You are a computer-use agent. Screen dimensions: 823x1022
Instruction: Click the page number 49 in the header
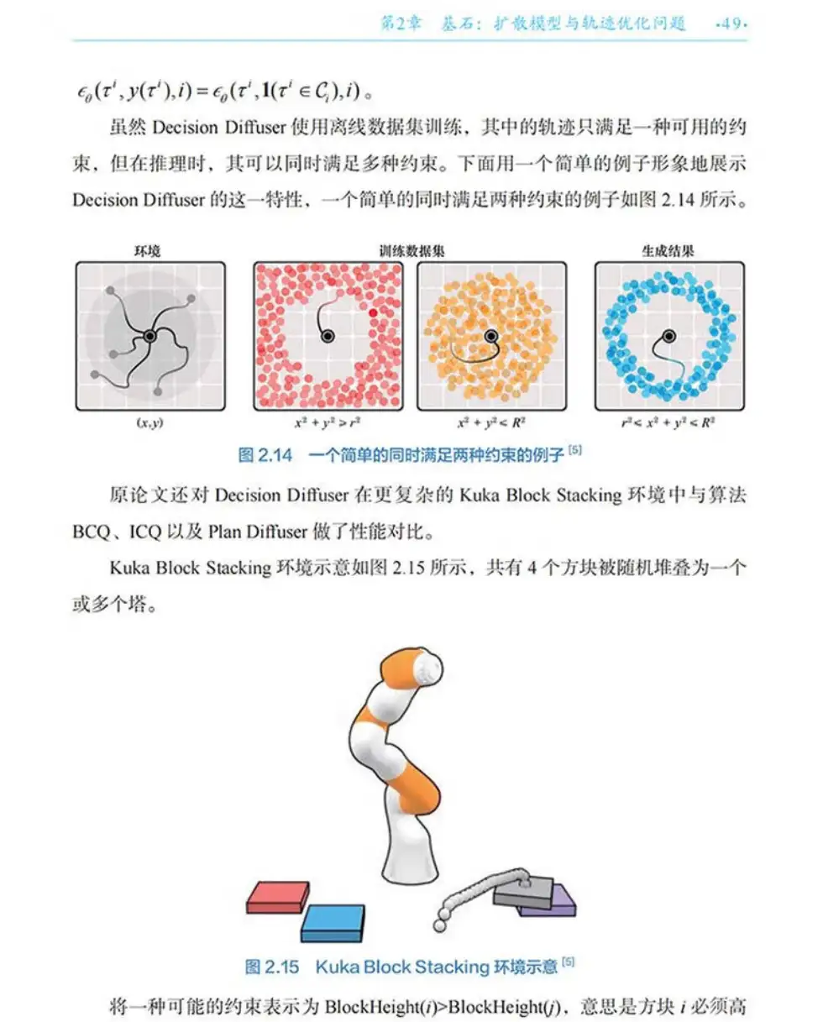(x=731, y=24)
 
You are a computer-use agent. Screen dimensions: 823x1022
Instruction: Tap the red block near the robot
(x=278, y=897)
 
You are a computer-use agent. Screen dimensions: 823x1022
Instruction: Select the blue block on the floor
(x=333, y=923)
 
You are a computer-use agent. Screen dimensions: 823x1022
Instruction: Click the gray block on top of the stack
(x=523, y=891)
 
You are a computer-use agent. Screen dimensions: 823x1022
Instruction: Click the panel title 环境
(x=147, y=251)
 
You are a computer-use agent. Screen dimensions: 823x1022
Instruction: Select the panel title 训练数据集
(x=411, y=251)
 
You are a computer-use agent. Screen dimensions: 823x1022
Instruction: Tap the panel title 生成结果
(x=668, y=251)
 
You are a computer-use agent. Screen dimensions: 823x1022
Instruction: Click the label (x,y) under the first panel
(x=150, y=422)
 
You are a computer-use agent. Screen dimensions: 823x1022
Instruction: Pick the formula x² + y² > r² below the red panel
(x=328, y=422)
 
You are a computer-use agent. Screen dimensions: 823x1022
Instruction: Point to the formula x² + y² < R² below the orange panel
(x=491, y=422)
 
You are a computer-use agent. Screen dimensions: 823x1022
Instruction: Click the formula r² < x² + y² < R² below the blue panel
(x=668, y=422)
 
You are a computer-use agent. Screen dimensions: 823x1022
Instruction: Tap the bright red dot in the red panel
(x=373, y=312)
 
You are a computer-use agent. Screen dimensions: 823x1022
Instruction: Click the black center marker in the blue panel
(x=669, y=336)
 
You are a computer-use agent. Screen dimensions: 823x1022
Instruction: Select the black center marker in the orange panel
(x=491, y=336)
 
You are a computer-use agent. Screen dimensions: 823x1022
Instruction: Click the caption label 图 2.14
(x=265, y=455)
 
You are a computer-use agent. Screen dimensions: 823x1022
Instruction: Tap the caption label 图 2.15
(x=272, y=967)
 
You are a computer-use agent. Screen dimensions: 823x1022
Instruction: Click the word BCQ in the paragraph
(x=92, y=532)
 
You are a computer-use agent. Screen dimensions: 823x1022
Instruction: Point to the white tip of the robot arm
(x=428, y=667)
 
